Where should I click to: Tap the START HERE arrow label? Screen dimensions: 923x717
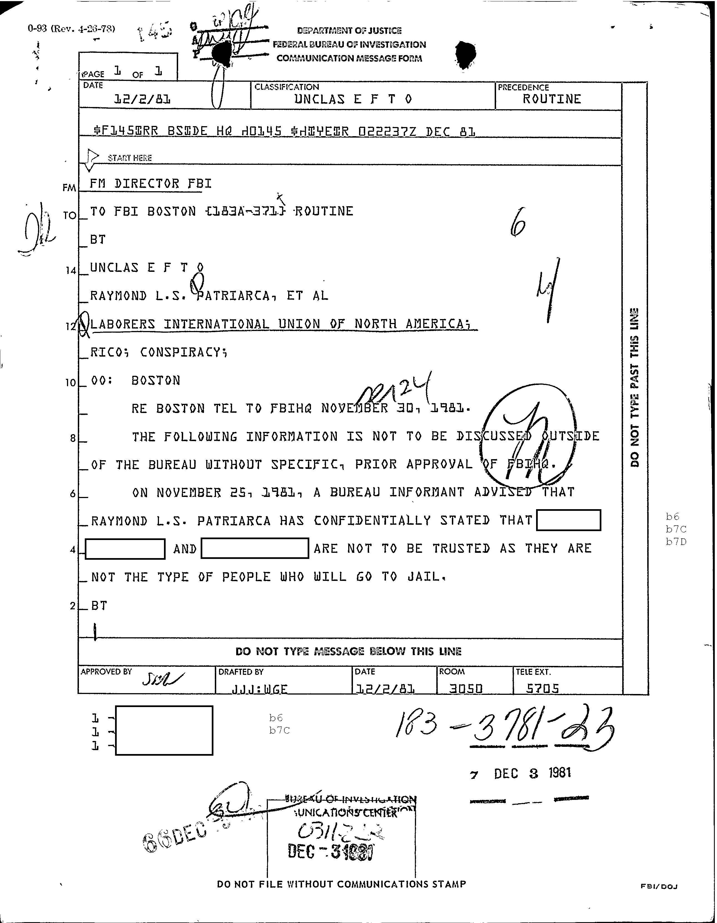[x=129, y=158]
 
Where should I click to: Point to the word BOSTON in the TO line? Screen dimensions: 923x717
[x=171, y=211]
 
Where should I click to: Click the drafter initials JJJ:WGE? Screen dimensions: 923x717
[x=259, y=689]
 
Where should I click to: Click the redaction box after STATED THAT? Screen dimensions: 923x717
[x=568, y=520]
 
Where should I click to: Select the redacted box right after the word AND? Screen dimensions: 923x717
[x=254, y=549]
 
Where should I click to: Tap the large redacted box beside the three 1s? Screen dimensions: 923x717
[x=164, y=730]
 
